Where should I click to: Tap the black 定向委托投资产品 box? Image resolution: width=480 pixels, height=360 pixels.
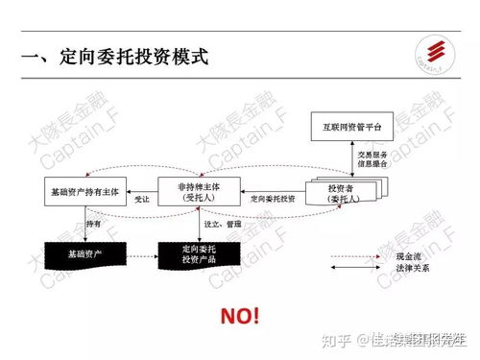196,254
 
